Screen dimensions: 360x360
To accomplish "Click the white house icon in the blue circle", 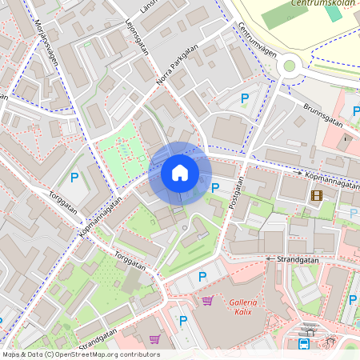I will tap(180, 173).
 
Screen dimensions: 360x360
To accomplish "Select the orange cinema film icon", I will tap(317, 194).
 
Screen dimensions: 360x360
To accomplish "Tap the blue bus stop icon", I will tap(304, 345).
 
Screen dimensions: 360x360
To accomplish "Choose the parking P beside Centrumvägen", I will tap(244, 98).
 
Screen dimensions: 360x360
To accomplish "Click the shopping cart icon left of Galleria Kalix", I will tap(207, 301).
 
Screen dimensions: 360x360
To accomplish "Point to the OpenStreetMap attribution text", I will tap(81, 354).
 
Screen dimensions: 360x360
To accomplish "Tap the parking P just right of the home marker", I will tap(214, 187).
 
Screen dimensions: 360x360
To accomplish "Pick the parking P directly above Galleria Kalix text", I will tap(202, 277).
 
